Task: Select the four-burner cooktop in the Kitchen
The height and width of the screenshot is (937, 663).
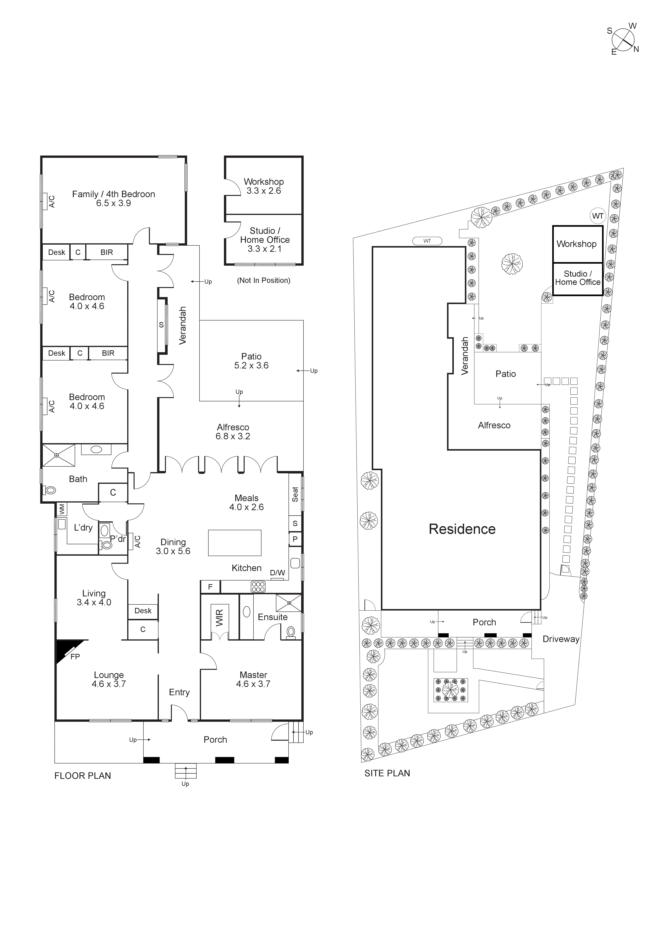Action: point(258,587)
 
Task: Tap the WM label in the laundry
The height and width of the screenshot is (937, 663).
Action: point(62,509)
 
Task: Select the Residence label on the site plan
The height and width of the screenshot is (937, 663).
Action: point(462,529)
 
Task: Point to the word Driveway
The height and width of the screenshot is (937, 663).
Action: point(560,639)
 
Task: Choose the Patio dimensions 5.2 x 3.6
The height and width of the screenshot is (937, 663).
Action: point(251,366)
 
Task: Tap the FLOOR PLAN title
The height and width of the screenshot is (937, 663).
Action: point(83,776)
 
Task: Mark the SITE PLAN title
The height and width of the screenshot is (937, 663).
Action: point(387,773)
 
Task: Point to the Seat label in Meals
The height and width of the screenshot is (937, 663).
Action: point(295,494)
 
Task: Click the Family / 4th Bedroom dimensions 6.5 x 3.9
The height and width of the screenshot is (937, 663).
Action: point(113,203)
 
